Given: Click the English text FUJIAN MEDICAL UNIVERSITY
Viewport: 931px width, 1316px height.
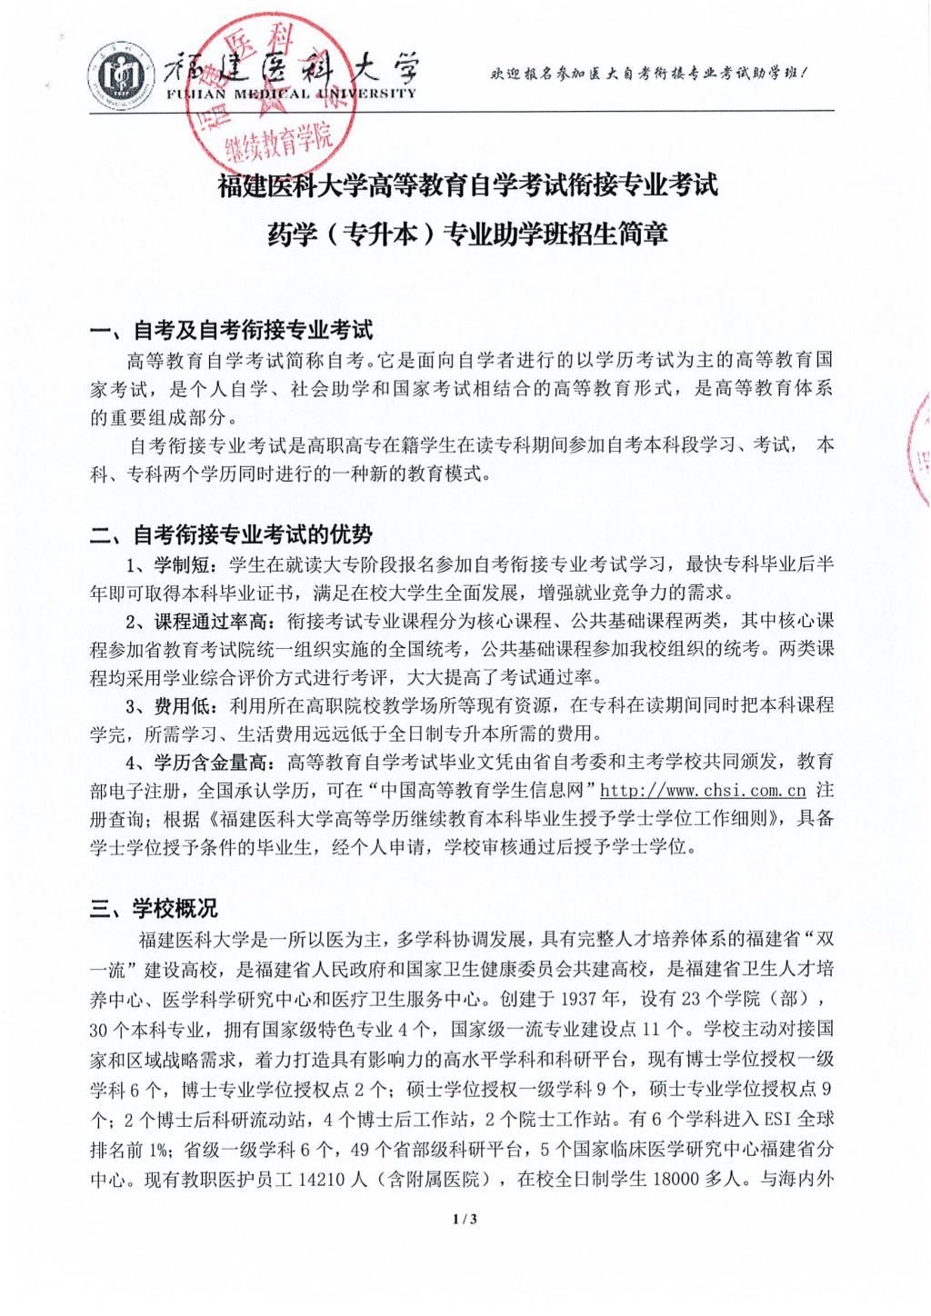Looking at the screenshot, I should point(290,93).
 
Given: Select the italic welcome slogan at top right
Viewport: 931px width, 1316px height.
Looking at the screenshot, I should point(648,73).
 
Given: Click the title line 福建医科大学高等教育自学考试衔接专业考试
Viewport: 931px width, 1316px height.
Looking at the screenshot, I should point(468,186).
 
